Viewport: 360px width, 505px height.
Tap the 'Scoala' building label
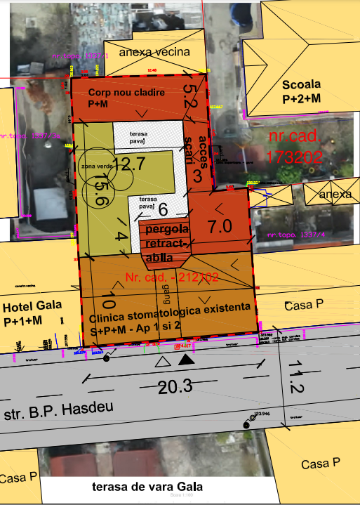pyautogui.click(x=305, y=91)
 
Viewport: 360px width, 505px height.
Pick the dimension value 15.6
pyautogui.click(x=100, y=190)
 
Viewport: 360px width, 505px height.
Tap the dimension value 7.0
pyautogui.click(x=220, y=226)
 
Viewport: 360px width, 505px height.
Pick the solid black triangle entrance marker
pyautogui.click(x=186, y=360)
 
